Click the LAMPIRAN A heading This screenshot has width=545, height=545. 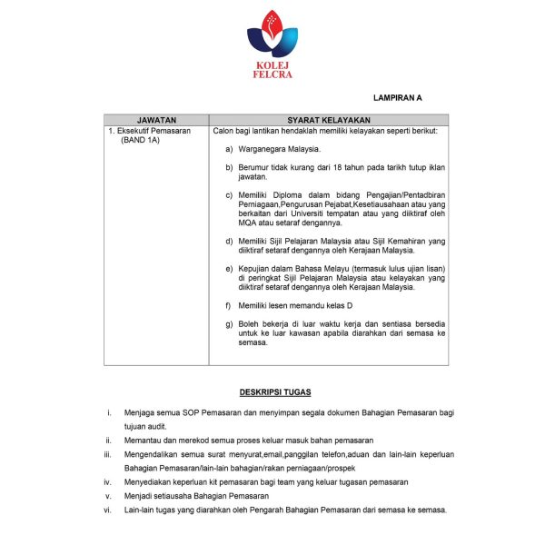[397, 96]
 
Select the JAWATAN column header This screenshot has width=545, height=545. [156, 119]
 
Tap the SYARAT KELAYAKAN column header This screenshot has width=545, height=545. [328, 119]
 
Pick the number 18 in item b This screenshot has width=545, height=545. [332, 168]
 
